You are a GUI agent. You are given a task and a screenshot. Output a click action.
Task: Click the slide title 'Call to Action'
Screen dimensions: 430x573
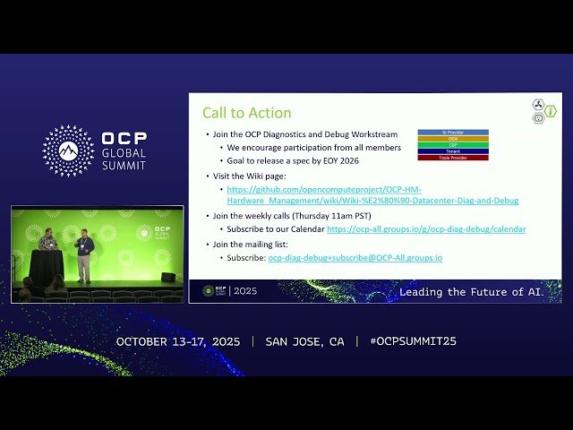point(246,113)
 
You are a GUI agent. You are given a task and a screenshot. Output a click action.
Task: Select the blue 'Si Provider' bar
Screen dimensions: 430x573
point(453,132)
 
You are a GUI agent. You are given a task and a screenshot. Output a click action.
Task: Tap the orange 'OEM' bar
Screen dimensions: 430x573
point(453,138)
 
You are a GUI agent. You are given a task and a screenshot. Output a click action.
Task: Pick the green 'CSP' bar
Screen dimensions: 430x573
point(453,144)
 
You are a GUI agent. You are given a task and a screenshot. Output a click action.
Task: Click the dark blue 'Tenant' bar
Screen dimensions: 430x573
point(453,150)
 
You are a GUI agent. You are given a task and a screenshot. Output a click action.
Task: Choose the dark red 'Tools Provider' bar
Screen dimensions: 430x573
point(453,157)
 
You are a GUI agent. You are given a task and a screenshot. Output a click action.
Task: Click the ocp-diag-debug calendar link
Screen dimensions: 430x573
point(426,229)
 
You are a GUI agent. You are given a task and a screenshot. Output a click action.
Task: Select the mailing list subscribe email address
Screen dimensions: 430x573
point(355,258)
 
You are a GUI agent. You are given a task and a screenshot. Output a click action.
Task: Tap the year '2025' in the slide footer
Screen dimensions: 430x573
point(244,291)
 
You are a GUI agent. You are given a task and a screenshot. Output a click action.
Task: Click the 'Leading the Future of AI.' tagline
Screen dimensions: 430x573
point(471,292)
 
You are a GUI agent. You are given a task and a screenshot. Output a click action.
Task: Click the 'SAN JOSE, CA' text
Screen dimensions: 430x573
point(304,341)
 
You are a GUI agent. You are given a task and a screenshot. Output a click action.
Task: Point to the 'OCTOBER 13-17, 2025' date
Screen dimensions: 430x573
point(179,341)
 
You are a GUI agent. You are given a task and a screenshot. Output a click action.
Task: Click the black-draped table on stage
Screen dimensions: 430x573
point(47,266)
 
